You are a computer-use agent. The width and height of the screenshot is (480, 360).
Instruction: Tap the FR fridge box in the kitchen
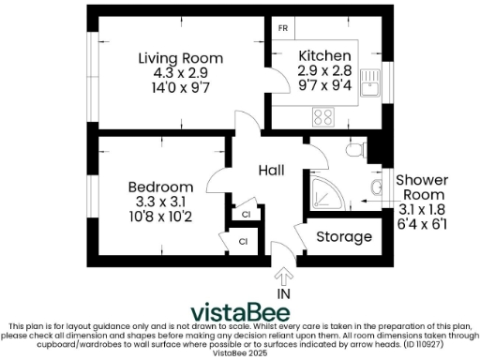[x=281, y=27]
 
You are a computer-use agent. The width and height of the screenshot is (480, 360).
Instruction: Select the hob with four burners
[x=322, y=117]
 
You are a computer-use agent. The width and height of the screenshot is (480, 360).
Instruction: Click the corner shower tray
[x=323, y=190]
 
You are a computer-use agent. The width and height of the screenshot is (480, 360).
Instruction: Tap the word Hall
[x=272, y=170]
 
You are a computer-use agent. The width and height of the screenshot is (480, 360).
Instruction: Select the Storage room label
[x=343, y=237]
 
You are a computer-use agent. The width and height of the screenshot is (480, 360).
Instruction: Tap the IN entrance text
[x=283, y=293]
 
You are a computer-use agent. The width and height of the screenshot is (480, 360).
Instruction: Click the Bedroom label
[x=160, y=187]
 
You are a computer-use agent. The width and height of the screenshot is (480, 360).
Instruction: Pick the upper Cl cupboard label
[x=246, y=215]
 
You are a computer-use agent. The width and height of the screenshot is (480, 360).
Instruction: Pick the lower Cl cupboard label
[x=242, y=242]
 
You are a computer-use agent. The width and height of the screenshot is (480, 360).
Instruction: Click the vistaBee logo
[x=240, y=312]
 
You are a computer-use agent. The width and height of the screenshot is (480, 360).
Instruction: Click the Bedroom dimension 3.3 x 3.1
[x=160, y=202]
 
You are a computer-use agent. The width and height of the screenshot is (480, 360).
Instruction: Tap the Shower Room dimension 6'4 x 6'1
[x=421, y=225]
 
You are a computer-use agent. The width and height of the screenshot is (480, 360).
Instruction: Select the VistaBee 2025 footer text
[x=239, y=353]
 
